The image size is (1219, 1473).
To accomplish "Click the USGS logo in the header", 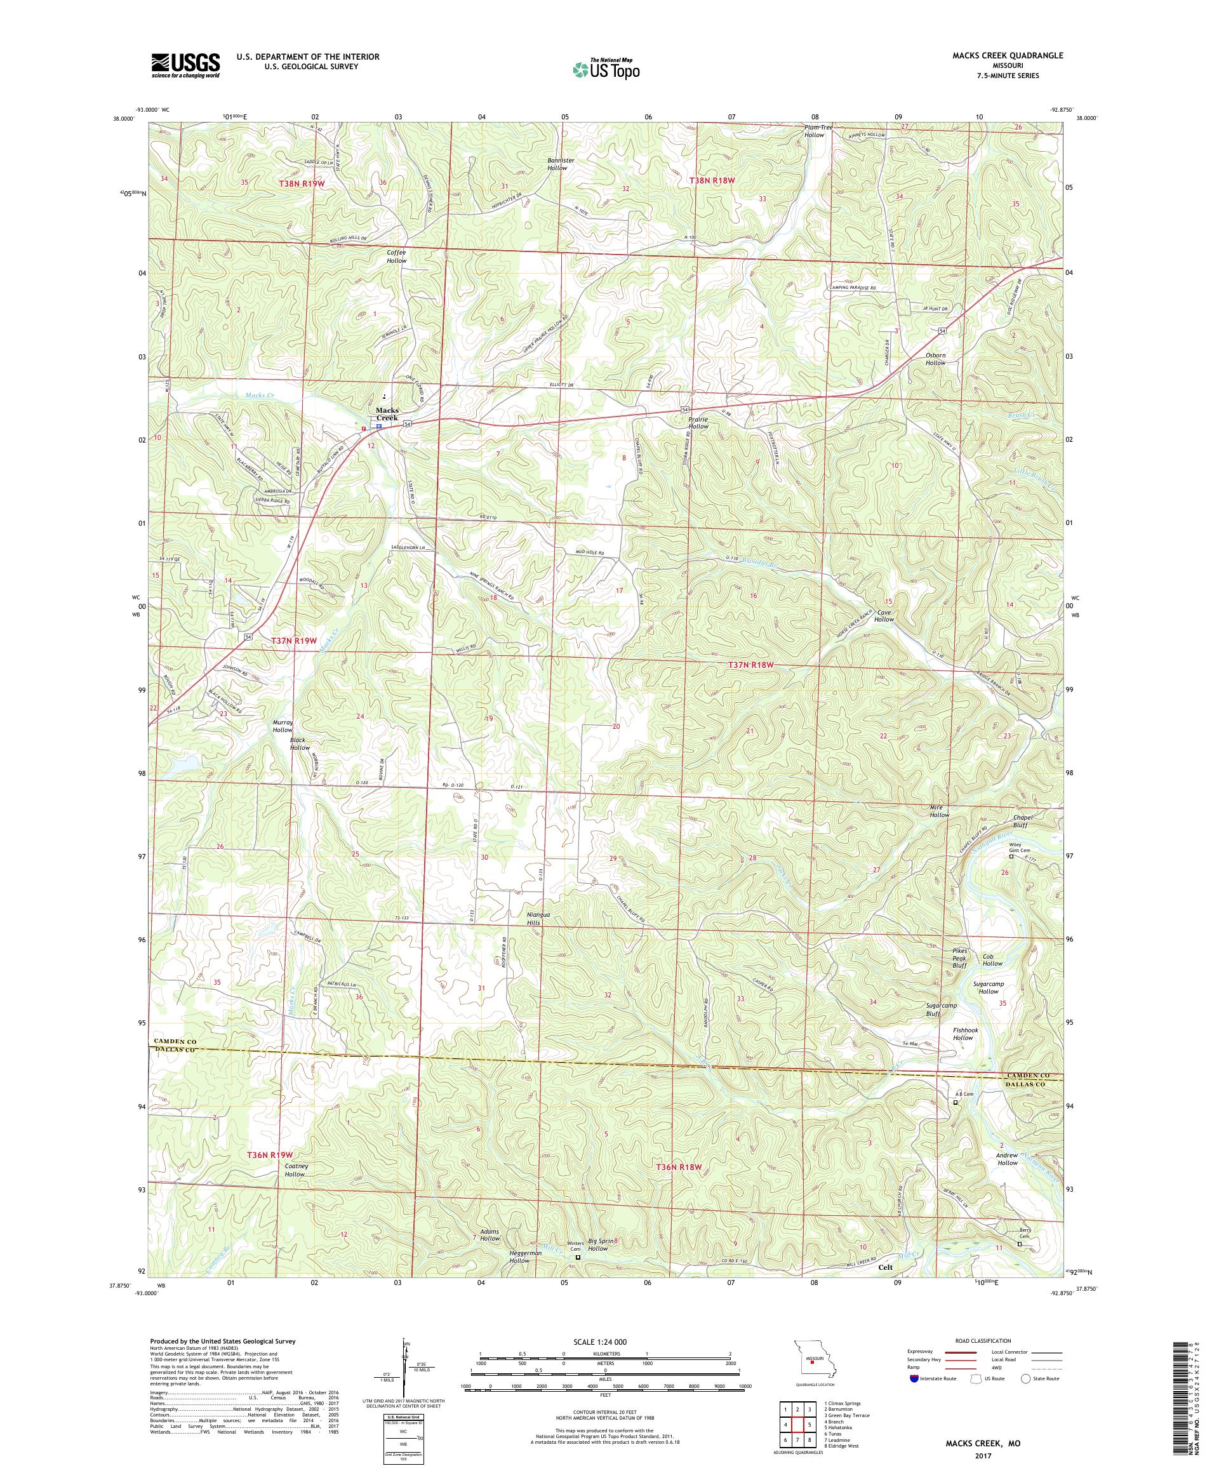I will (185, 65).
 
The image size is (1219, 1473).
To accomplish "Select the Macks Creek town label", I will (387, 414).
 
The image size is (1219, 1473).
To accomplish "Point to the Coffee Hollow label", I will (396, 256).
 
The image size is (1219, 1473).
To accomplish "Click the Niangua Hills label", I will (542, 919).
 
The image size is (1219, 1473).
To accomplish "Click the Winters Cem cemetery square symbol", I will (578, 1277).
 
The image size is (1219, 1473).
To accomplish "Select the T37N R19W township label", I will (295, 641).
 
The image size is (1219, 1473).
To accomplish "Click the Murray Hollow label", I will (282, 725).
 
